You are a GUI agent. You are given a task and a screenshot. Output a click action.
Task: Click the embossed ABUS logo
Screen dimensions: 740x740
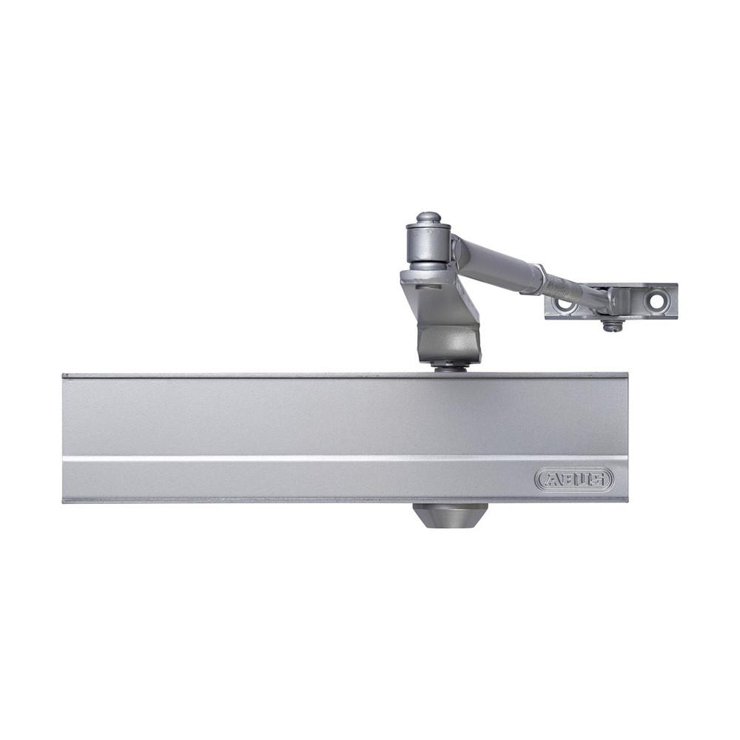(574, 479)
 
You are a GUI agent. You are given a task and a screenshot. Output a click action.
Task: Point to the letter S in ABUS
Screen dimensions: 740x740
(597, 480)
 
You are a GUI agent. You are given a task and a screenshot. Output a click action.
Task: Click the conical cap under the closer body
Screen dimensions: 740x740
(450, 515)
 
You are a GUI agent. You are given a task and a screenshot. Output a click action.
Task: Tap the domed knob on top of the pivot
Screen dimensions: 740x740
(428, 218)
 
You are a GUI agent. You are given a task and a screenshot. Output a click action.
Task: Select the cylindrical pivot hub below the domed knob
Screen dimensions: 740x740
(429, 244)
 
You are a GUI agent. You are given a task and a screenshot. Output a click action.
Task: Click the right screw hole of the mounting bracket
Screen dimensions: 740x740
(656, 300)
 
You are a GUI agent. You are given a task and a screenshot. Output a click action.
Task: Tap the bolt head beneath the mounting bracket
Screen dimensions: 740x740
(612, 326)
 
